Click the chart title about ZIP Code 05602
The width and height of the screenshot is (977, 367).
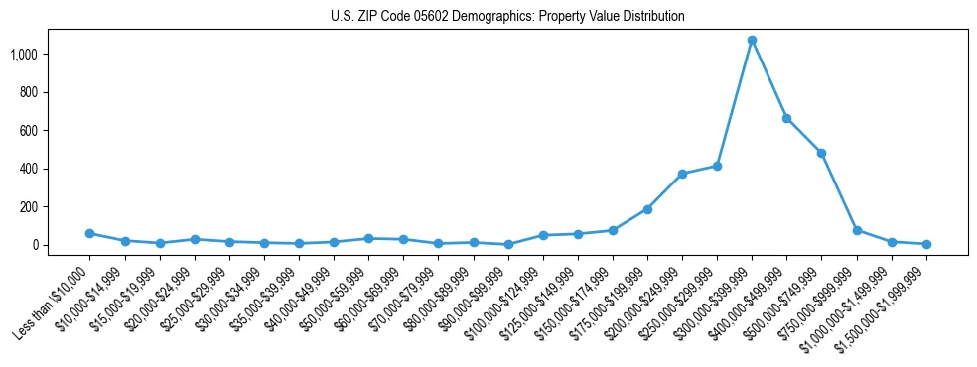pyautogui.click(x=507, y=17)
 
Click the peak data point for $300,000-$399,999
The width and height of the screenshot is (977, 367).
pyautogui.click(x=752, y=41)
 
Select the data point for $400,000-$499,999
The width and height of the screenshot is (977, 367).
pyautogui.click(x=786, y=118)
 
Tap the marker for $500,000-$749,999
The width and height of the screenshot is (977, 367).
pyautogui.click(x=821, y=153)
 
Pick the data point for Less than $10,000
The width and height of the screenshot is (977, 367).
pyautogui.click(x=89, y=233)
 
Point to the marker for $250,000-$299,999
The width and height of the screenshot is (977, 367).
pyautogui.click(x=717, y=166)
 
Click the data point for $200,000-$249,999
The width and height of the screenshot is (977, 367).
pyautogui.click(x=682, y=174)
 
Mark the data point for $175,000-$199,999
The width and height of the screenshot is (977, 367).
pyautogui.click(x=647, y=209)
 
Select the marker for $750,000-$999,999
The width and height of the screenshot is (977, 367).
pyautogui.click(x=857, y=230)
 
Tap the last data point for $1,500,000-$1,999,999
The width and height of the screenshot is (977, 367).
pyautogui.click(x=926, y=244)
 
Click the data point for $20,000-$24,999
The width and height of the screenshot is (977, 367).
pyautogui.click(x=195, y=239)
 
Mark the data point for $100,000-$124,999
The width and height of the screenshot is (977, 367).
pyautogui.click(x=543, y=235)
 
